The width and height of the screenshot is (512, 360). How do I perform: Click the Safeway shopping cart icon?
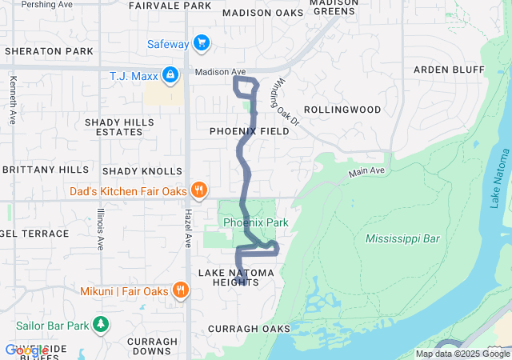pyautogui.click(x=201, y=43)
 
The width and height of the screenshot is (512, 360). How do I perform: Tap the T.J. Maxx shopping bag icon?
pyautogui.click(x=170, y=76)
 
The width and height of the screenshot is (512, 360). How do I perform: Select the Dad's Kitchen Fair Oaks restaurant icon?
pyautogui.click(x=199, y=190)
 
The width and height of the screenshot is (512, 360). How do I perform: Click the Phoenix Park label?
pyautogui.click(x=255, y=222)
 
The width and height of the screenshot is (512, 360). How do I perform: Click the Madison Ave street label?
pyautogui.click(x=221, y=72)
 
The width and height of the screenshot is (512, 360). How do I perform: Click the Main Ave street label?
pyautogui.click(x=366, y=172)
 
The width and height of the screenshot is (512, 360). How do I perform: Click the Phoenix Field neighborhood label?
pyautogui.click(x=249, y=130)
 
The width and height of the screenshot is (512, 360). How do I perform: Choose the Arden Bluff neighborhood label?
pyautogui.click(x=449, y=70)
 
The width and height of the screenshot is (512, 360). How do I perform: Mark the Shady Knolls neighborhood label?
pyautogui.click(x=142, y=172)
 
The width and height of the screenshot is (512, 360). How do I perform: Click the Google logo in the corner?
pyautogui.click(x=26, y=350)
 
